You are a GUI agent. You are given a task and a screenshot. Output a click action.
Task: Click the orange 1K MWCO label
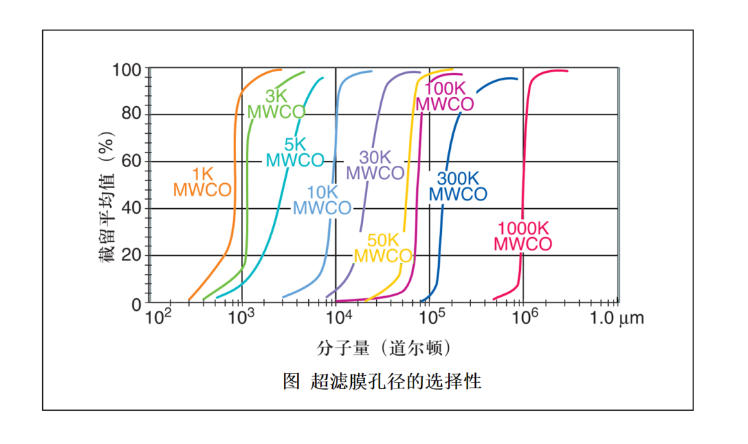202,182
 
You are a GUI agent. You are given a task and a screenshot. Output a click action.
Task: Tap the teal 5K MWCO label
295,153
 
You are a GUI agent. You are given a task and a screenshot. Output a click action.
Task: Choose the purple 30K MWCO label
375,166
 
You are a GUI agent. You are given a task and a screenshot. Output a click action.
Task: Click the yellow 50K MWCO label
383,248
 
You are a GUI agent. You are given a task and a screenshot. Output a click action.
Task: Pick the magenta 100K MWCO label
445,96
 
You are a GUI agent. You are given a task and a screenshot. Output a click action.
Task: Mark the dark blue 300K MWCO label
458,187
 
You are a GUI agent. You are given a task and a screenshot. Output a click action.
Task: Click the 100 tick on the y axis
127,70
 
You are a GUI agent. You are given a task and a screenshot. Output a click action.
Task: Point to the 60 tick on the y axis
132,162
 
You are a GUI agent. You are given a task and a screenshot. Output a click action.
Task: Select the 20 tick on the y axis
132,255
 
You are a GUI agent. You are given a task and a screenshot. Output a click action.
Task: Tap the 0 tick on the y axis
136,303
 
